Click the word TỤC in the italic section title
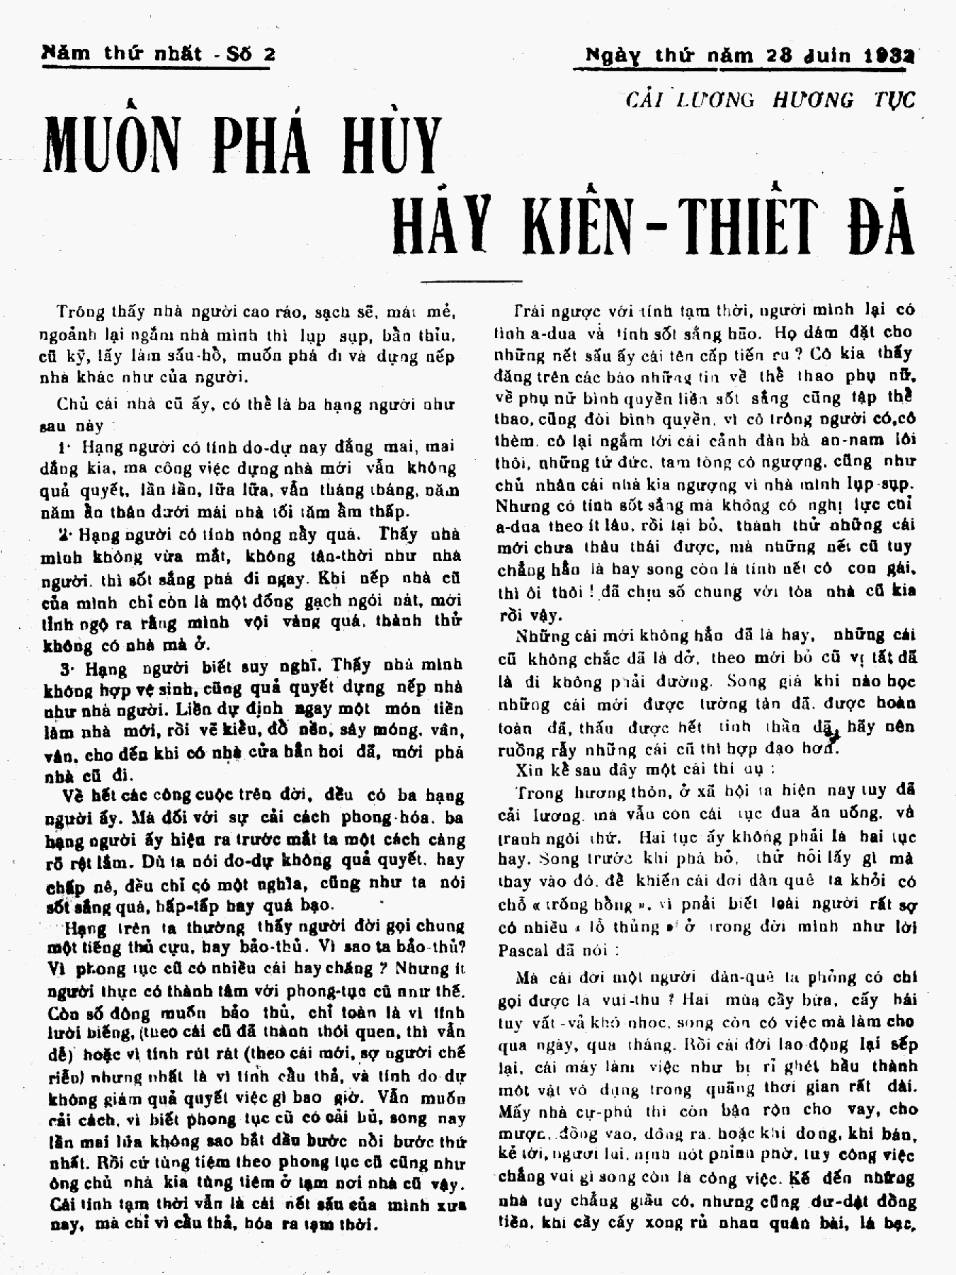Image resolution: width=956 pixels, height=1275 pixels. (x=894, y=99)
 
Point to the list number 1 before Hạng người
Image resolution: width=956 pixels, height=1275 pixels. (x=63, y=448)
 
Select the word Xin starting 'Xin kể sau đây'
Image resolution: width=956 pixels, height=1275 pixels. (x=528, y=769)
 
